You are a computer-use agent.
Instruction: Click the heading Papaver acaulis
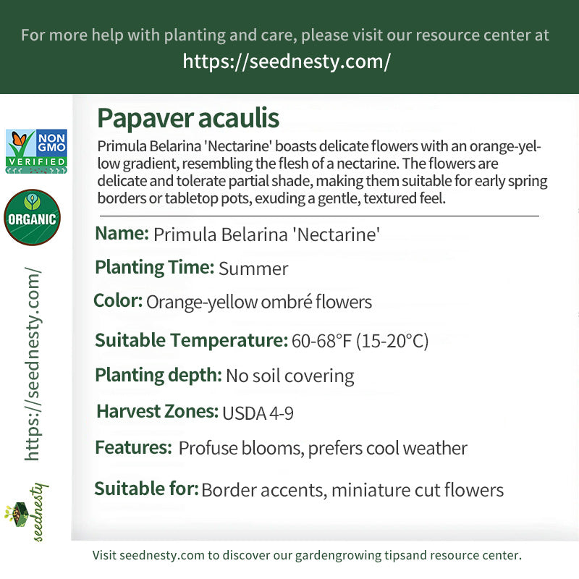pyautogui.click(x=187, y=118)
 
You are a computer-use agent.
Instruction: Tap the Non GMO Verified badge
pyautogui.click(x=36, y=151)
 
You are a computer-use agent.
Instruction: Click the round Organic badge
pyautogui.click(x=32, y=218)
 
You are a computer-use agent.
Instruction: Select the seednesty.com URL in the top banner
pyautogui.click(x=287, y=62)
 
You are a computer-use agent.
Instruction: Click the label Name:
pyautogui.click(x=122, y=234)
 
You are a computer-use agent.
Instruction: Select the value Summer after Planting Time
pyautogui.click(x=253, y=269)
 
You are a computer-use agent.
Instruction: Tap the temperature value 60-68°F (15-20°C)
pyautogui.click(x=360, y=341)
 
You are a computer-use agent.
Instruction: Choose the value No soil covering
pyautogui.click(x=290, y=376)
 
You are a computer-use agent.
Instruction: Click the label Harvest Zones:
pyautogui.click(x=157, y=412)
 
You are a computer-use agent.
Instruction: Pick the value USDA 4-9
pyautogui.click(x=258, y=413)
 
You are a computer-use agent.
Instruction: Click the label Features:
pyautogui.click(x=133, y=448)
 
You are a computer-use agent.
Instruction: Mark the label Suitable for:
pyautogui.click(x=146, y=489)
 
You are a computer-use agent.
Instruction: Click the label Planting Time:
pyautogui.click(x=154, y=267)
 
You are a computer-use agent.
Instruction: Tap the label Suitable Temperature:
pyautogui.click(x=191, y=340)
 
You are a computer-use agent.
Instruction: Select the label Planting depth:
pyautogui.click(x=158, y=375)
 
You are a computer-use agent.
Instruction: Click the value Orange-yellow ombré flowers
pyautogui.click(x=259, y=302)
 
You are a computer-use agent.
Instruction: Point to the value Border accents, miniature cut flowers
pyautogui.click(x=352, y=490)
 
